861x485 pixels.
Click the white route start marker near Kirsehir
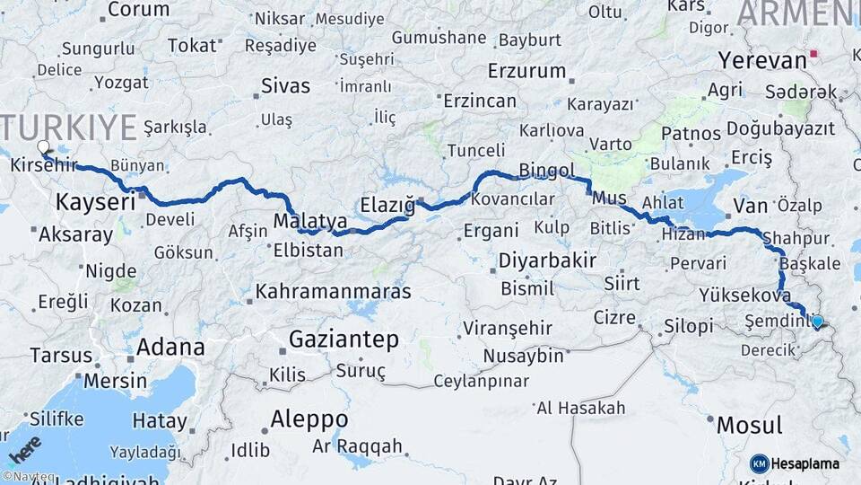43,146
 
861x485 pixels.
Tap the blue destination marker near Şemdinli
817,321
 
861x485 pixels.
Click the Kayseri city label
95,202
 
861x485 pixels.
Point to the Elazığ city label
387,205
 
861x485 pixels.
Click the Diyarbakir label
545,260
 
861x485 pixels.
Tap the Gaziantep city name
344,339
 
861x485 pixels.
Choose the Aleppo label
309,419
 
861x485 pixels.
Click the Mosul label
750,424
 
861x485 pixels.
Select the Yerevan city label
762,61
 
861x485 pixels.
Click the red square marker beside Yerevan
814,54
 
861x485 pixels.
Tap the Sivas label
285,87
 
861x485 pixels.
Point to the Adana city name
170,348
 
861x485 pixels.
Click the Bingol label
546,170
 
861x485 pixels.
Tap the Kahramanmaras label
333,292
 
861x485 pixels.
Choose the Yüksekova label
744,295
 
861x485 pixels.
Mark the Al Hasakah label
581,409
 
